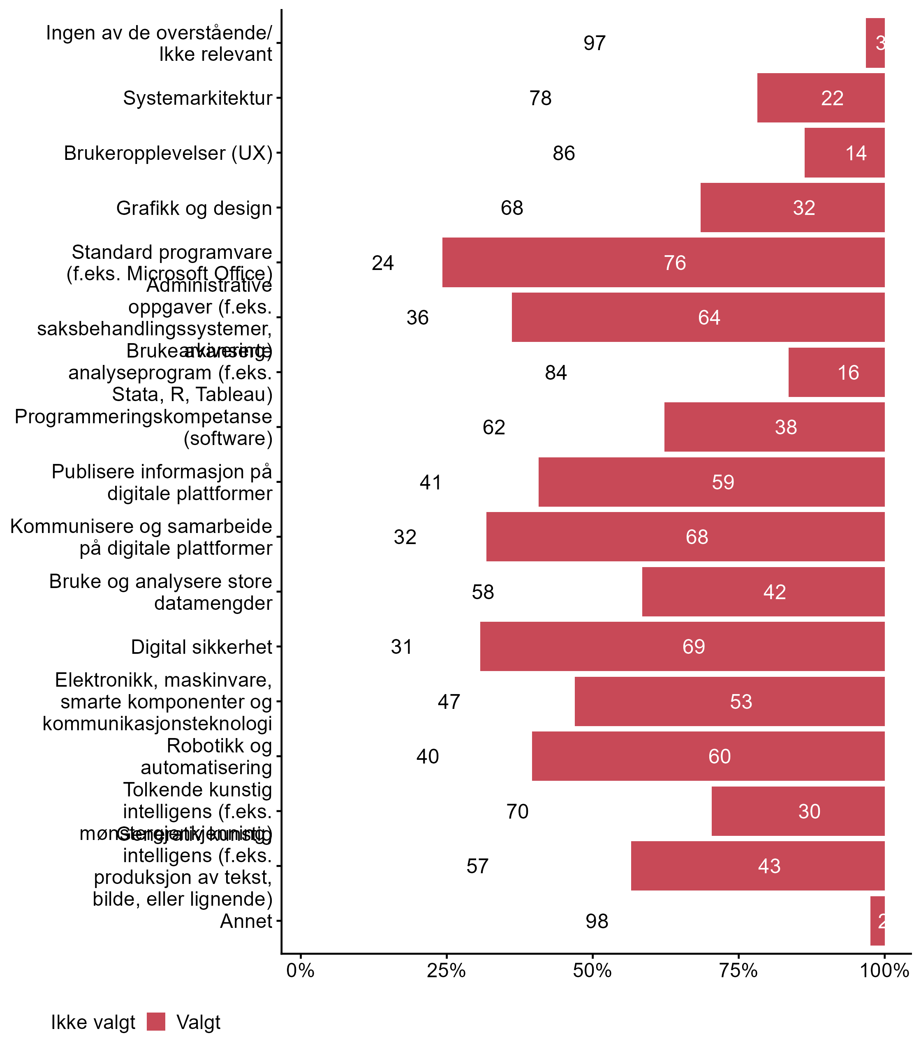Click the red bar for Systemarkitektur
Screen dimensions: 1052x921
821,98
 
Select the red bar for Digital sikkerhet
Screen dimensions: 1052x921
682,646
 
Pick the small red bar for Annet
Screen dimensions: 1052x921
877,921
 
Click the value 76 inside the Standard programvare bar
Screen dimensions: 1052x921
675,263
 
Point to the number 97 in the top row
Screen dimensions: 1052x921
595,43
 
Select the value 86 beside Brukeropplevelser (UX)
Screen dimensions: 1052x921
564,153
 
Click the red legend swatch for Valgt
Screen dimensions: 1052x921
156,1022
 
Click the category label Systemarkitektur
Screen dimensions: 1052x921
197,98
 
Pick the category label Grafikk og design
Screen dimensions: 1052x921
194,208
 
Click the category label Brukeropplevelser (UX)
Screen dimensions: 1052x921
168,153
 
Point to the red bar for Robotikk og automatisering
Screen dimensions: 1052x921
708,756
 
